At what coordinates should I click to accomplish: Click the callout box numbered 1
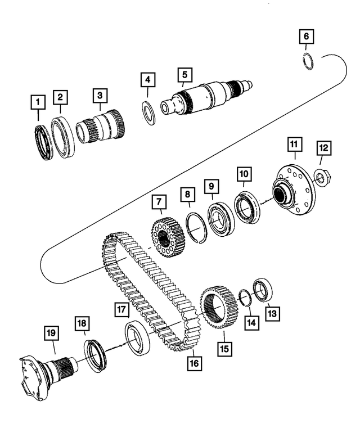tap(38, 102)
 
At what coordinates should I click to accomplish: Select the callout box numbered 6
tap(306, 37)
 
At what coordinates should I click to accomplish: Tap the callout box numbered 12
tap(323, 148)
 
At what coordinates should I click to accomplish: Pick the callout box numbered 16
tap(194, 363)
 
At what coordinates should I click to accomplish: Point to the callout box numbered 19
tap(51, 334)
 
